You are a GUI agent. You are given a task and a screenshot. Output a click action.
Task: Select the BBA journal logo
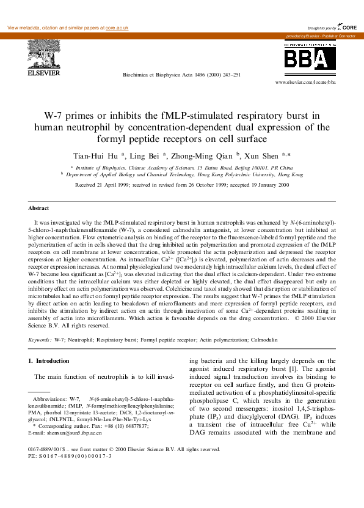305,58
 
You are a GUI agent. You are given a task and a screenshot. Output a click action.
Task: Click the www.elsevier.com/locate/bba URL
305,81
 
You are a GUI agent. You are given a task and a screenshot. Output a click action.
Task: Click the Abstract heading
39,208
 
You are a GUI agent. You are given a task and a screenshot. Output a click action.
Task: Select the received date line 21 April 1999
181,185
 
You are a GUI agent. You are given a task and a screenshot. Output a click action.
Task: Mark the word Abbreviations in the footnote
49,398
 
